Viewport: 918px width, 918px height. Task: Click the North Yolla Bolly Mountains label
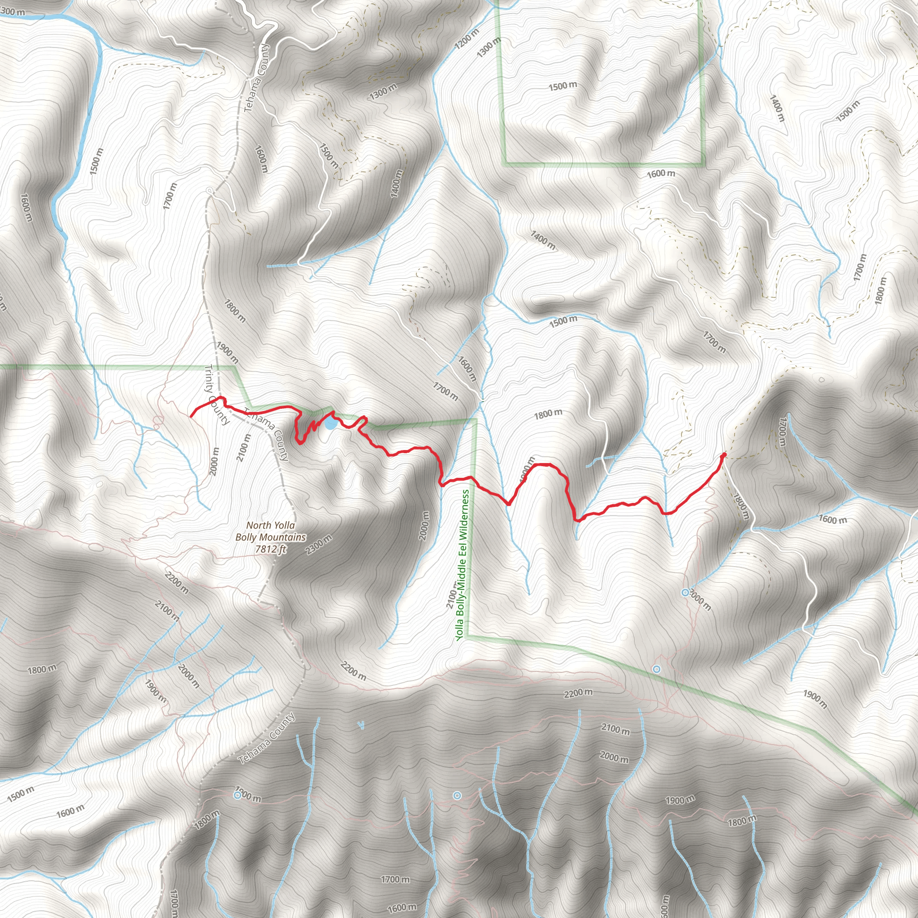(x=270, y=531)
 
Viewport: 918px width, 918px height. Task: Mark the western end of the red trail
(x=191, y=416)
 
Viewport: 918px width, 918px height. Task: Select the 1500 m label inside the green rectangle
(x=563, y=86)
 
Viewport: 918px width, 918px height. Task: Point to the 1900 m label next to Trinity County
(x=227, y=352)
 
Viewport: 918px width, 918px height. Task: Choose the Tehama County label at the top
(x=256, y=78)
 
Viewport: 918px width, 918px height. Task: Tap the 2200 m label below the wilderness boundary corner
(x=578, y=693)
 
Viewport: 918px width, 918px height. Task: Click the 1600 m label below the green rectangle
(x=660, y=174)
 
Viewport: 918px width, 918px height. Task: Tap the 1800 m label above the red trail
(x=548, y=414)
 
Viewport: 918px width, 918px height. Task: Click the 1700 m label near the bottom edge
(x=395, y=879)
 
